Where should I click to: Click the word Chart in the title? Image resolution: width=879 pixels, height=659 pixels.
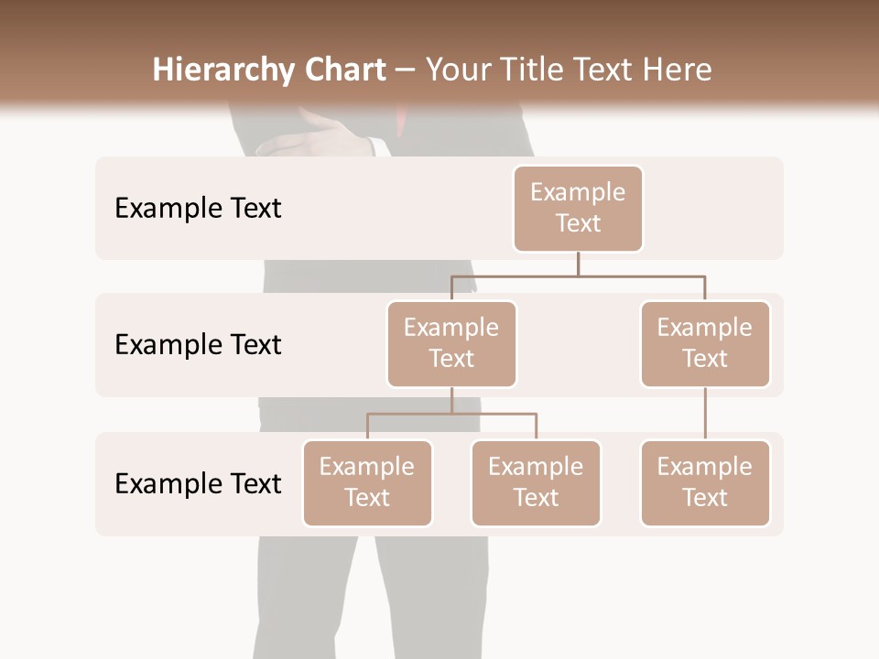(344, 70)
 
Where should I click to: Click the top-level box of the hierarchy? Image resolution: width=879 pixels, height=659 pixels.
(578, 209)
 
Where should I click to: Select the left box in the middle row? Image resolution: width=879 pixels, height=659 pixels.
(451, 344)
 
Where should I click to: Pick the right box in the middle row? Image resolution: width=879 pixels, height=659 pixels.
(705, 344)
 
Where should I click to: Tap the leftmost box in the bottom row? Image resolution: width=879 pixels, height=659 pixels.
(367, 483)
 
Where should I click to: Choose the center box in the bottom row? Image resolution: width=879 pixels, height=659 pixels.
(536, 483)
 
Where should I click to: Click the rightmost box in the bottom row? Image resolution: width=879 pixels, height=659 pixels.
(705, 483)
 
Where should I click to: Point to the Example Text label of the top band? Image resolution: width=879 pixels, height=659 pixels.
(198, 209)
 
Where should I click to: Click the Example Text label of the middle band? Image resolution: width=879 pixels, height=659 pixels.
(198, 345)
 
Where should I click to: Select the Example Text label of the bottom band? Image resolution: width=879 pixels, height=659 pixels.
(198, 484)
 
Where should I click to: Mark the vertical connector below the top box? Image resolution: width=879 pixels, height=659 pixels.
(578, 264)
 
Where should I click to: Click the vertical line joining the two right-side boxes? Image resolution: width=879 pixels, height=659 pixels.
(705, 414)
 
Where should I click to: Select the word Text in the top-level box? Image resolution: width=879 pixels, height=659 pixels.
(578, 224)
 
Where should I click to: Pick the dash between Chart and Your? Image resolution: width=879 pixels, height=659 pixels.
(405, 70)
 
